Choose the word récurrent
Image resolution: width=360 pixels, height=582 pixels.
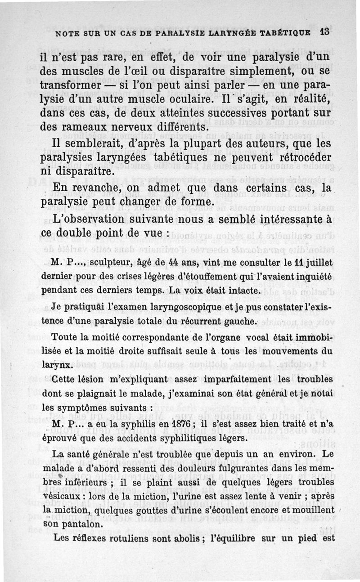[204, 322]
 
